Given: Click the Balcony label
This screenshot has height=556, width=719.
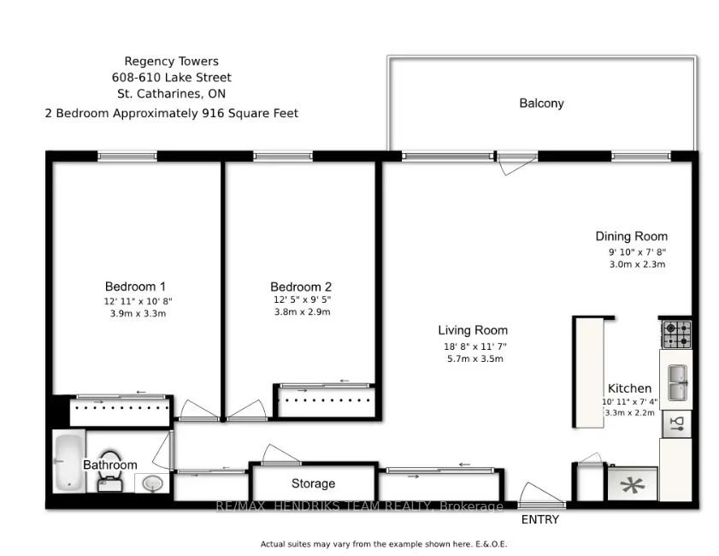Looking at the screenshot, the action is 541,104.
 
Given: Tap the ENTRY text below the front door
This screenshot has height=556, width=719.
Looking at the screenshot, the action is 540,519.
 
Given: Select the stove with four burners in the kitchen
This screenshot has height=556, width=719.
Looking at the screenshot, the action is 676,334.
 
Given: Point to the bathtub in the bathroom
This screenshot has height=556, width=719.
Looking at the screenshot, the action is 68,462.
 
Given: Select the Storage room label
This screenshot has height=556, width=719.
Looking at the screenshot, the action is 313,483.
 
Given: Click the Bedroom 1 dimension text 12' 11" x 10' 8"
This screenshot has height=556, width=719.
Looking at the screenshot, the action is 138,301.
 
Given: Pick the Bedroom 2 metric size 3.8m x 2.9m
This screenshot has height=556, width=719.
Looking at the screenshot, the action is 302,312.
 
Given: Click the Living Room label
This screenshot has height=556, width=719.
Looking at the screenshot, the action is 473,330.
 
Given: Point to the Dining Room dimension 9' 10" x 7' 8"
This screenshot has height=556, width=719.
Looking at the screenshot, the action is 637,251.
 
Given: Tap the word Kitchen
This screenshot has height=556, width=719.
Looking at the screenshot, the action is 629,388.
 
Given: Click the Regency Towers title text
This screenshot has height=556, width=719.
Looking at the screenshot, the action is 172,62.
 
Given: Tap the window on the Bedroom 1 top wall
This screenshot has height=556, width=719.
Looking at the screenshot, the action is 127,157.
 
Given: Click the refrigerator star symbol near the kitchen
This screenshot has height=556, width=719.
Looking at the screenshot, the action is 632,485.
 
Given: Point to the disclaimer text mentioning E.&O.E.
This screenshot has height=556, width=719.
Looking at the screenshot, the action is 384,544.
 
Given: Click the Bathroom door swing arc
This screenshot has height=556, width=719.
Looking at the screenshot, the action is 162,451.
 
